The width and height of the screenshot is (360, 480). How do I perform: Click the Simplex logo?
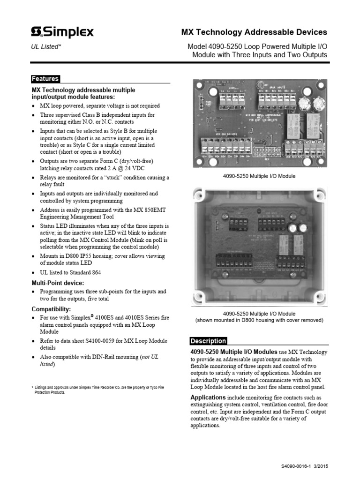tap(62, 32)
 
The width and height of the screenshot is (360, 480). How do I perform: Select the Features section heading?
tap(45, 79)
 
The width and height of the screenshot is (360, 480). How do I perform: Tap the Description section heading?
tap(208, 341)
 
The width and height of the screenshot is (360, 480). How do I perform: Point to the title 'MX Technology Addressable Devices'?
tap(254, 32)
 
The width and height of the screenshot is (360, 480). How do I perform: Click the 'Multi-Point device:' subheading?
tap(58, 283)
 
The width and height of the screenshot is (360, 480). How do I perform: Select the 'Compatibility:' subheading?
tap(51, 309)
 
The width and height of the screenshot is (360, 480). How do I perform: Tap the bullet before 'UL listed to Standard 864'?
tap(34, 273)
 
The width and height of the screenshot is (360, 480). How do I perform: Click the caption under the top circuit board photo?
tap(259, 176)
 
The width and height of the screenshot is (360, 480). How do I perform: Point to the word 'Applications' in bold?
tap(208, 397)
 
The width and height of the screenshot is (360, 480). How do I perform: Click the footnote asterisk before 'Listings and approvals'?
tap(32, 387)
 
